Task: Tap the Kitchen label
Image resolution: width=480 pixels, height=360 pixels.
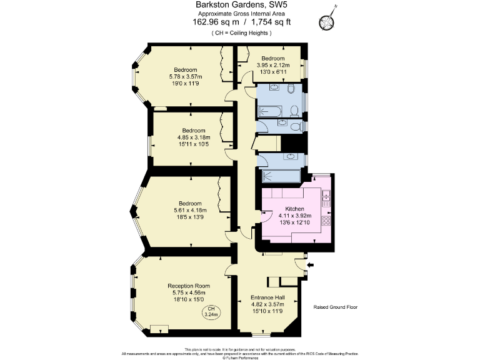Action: coord(294,209)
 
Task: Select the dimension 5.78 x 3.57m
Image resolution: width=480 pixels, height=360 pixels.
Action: coord(186,77)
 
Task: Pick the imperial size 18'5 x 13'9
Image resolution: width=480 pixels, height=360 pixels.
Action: coord(190,217)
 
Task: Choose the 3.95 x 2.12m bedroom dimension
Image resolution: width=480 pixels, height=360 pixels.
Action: coord(274,65)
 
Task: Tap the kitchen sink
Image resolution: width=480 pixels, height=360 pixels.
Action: coord(326,199)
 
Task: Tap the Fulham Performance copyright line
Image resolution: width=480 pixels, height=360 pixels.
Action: coord(240,356)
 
